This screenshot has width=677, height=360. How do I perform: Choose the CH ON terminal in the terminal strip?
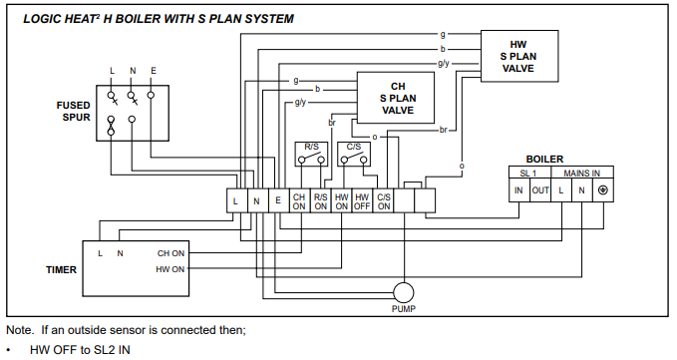tap(299, 201)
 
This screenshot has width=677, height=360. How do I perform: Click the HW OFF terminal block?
tap(362, 201)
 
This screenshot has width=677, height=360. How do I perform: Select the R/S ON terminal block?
tap(320, 201)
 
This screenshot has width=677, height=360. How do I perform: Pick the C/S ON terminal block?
tap(384, 201)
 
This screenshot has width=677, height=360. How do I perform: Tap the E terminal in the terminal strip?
tap(278, 201)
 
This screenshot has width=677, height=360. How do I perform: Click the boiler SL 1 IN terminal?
tap(519, 190)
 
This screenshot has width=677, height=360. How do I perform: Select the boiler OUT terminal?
tap(540, 190)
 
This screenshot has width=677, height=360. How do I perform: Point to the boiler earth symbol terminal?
tap(603, 190)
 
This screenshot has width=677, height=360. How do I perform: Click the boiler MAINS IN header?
tap(582, 173)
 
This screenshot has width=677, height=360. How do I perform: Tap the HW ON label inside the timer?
tap(170, 269)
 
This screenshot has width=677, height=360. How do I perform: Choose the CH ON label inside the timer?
tap(170, 253)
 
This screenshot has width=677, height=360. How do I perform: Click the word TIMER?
tap(61, 270)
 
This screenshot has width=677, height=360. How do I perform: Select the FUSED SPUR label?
tap(74, 112)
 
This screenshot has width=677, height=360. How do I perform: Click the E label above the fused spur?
tap(154, 71)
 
